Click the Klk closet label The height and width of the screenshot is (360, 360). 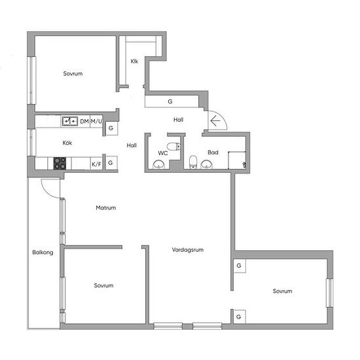coord(134,62)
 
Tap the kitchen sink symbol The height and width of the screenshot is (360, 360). coord(70,121)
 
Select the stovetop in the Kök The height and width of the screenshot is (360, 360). coord(60,163)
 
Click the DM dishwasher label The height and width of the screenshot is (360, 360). coord(84,121)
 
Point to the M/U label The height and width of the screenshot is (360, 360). coord(96,121)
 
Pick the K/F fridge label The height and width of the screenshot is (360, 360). coord(96,164)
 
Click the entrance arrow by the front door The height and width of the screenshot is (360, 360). coord(215,121)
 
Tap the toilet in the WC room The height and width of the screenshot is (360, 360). coord(174,146)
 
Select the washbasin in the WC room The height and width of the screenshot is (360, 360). coord(158,164)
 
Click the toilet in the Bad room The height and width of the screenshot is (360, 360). coord(193,162)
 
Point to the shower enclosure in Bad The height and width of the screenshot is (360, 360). coord(237,160)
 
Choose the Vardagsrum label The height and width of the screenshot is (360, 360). coord(188,250)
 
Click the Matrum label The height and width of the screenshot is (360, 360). coord(106,207)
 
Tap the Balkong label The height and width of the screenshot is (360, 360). coord(43,253)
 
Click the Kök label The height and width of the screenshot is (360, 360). coord(67,143)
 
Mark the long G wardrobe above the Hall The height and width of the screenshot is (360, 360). coord(171,101)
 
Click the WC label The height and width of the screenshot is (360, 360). coord(163,153)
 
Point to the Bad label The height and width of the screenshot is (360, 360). coord(213,153)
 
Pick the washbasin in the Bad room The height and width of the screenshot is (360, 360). coord(206,164)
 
